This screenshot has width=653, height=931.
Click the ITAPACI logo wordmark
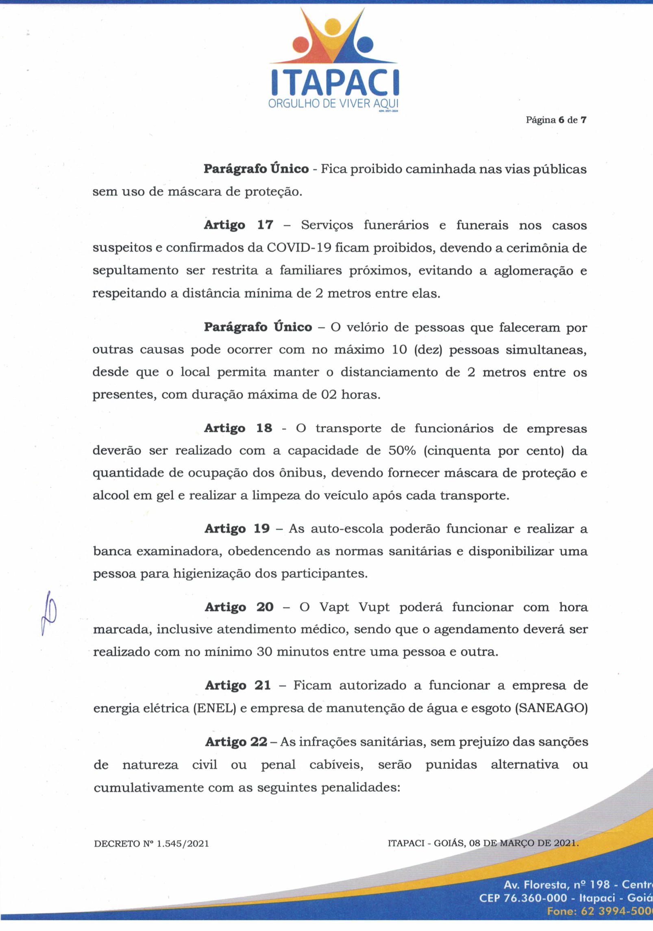pos(335,83)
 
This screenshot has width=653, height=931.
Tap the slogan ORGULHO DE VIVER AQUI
pos(333,104)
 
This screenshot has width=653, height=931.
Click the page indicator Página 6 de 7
pos(556,120)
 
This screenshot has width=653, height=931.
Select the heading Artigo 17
pos(238,225)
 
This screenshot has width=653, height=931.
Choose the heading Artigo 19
pos(237,529)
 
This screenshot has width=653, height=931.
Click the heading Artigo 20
pos(239,607)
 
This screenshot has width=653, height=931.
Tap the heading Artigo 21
pos(238,685)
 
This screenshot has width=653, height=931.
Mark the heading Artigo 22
pos(236,742)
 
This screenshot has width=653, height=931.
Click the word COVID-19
pos(299,248)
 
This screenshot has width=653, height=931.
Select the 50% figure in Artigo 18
pos(402,450)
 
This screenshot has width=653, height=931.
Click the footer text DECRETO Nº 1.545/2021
pos(151,844)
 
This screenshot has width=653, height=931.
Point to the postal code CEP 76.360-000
pos(522,898)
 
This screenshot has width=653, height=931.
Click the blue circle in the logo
pos(364,45)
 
